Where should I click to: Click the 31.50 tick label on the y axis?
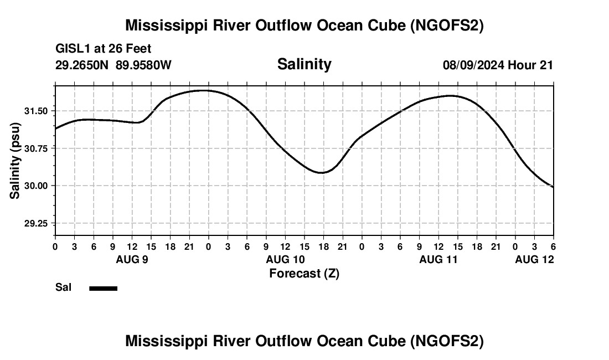36,111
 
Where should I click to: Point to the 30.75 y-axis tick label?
36,148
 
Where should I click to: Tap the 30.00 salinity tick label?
36,186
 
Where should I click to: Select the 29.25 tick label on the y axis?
36,223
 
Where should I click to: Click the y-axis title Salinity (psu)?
16,161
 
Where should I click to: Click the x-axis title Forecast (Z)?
304,274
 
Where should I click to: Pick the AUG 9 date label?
132,259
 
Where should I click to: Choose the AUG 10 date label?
286,259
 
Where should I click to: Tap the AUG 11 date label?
439,259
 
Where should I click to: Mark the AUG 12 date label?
534,259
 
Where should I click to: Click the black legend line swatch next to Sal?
104,288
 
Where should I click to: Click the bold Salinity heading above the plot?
304,64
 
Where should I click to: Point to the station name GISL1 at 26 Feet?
104,49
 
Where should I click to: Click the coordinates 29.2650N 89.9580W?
113,65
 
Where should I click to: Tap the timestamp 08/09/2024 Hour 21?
498,65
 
